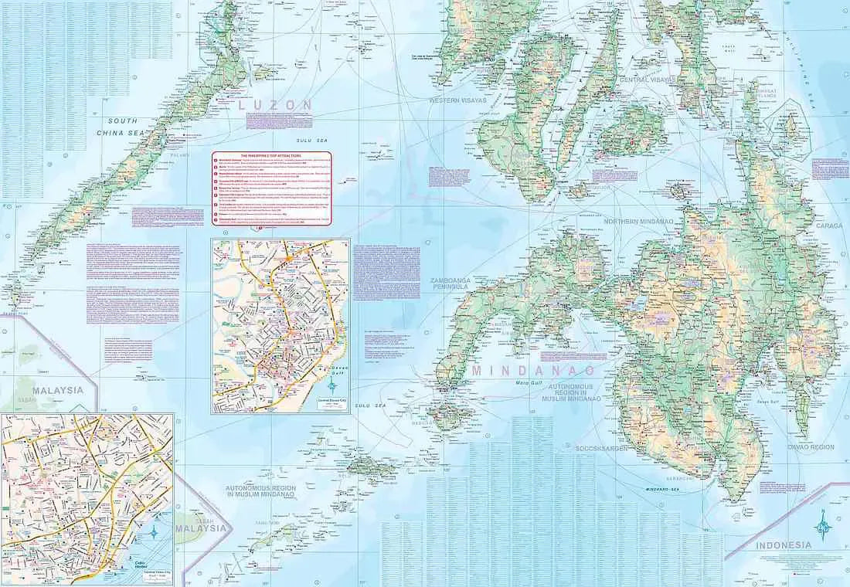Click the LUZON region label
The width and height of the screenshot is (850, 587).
[276, 105]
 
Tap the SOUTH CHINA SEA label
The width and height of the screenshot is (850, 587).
[123, 127]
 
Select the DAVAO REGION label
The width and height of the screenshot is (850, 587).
[811, 446]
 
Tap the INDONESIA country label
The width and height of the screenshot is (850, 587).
[784, 545]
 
